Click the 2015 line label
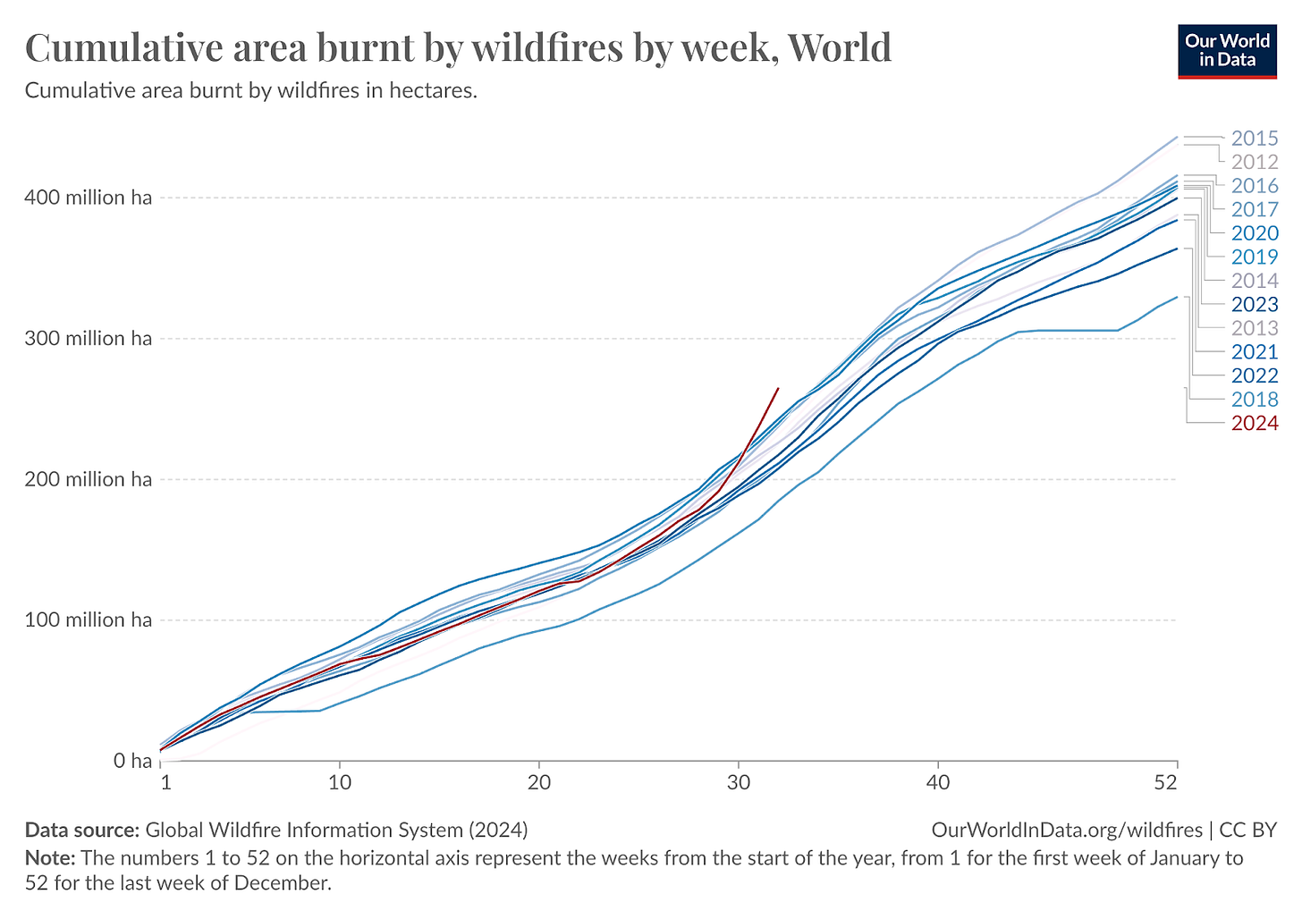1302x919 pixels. (1254, 139)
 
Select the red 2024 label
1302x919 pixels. (1254, 423)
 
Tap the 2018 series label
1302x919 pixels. (1254, 400)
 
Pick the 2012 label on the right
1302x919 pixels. (1254, 162)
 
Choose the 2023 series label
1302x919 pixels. (1254, 305)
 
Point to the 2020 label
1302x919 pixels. (1254, 233)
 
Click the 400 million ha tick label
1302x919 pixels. (88, 198)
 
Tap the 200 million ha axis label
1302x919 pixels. (88, 479)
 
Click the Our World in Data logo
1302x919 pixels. (1227, 52)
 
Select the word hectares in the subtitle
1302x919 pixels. (433, 91)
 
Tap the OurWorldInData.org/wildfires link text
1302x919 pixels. (1066, 830)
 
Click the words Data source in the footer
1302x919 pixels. (81, 830)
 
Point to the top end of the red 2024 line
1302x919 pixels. (778, 389)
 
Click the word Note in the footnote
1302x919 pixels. (49, 858)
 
